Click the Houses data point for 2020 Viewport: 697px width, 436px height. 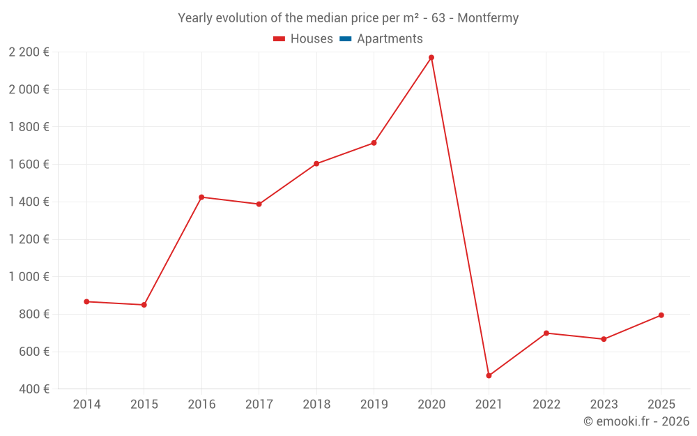point(431,57)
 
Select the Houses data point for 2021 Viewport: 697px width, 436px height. point(489,375)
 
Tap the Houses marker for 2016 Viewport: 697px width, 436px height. point(201,197)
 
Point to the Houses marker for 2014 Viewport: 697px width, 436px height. point(86,301)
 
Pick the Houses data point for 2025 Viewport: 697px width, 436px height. point(661,315)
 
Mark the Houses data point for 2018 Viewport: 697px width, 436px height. point(316,164)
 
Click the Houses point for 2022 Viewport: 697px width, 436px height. point(546,333)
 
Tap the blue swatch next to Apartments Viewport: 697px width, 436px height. point(345,39)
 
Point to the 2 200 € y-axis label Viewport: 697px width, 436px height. point(29,52)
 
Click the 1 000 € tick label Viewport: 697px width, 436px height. point(29,276)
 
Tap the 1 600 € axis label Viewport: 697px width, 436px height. point(29,164)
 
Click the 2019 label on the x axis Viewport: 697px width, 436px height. point(374,404)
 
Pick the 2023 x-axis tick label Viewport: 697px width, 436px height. point(604,404)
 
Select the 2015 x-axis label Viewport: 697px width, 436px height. point(144,404)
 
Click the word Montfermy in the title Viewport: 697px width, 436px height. point(488,18)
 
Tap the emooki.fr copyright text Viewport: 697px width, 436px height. point(636,421)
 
